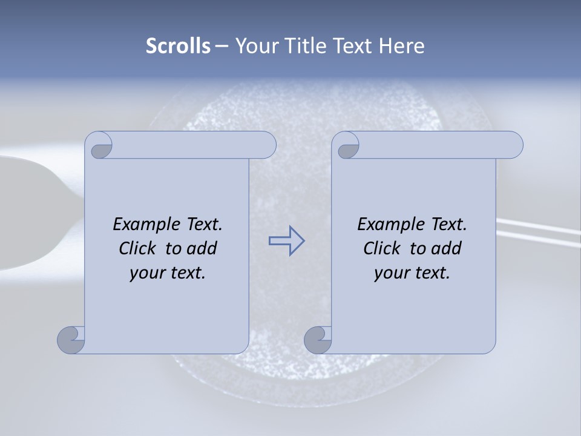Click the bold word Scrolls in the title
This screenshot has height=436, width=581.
tap(179, 46)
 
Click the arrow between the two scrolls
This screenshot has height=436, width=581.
tap(286, 241)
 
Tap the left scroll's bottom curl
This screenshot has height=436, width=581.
tap(71, 340)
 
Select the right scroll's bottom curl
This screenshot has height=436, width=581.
tap(317, 340)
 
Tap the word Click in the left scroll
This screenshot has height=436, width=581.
tap(137, 248)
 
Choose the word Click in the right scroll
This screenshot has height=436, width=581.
tap(382, 248)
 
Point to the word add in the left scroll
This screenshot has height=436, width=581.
tap(203, 248)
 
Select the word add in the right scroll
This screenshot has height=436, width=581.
tap(447, 248)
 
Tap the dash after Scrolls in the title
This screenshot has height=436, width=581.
tap(222, 46)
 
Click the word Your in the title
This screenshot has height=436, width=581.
tap(254, 46)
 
